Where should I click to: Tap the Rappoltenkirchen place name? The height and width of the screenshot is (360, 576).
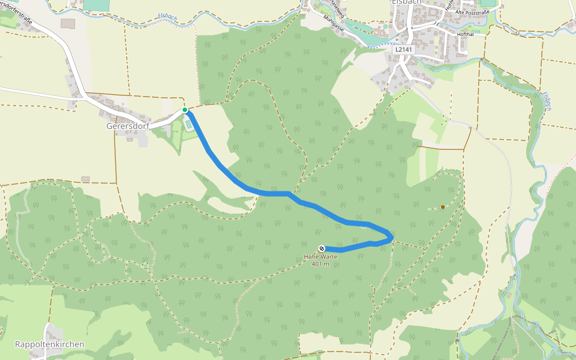click(49, 344)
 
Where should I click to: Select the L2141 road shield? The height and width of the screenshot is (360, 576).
click(404, 50)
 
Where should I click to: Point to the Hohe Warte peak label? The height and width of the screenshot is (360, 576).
click(320, 257)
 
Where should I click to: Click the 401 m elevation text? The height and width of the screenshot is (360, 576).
click(320, 264)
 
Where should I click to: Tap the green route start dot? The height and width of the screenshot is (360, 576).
click(185, 109)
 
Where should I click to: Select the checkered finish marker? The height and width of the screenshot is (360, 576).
click(322, 248)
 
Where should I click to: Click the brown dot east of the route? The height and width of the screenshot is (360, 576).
click(443, 207)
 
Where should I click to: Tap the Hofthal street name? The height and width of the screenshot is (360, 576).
click(466, 34)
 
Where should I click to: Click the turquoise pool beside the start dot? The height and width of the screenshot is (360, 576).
click(189, 124)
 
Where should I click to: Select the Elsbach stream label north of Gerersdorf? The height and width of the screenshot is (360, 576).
click(167, 17)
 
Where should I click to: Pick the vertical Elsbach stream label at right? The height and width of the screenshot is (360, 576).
click(547, 101)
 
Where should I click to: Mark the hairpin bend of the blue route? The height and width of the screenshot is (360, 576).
click(391, 238)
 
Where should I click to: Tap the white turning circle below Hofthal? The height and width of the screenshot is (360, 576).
click(465, 53)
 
